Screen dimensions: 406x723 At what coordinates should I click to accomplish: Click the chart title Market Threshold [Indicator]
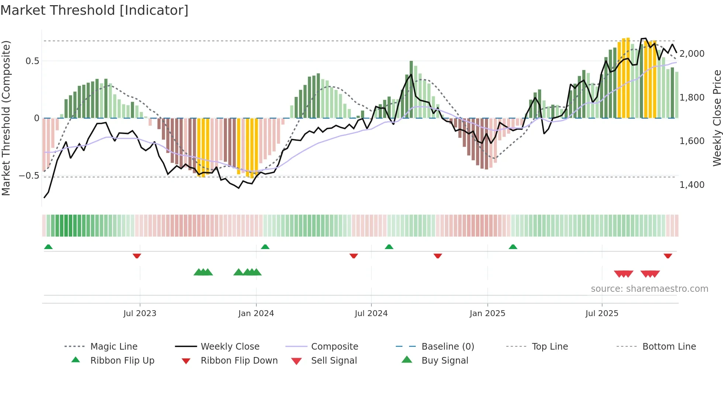pos(94,10)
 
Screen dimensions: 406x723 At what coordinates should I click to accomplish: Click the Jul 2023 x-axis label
pos(140,314)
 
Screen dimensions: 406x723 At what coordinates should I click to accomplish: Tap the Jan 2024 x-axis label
pos(256,314)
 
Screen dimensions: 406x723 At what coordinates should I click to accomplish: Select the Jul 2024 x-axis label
pos(371,314)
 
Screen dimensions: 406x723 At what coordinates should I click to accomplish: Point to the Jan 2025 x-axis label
pos(487,314)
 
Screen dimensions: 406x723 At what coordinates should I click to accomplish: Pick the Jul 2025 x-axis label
pos(602,314)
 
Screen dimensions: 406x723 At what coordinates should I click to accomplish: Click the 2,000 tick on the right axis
pos(692,54)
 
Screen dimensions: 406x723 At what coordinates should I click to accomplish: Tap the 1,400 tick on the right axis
pos(692,185)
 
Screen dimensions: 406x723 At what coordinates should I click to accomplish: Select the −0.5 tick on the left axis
pos(29,176)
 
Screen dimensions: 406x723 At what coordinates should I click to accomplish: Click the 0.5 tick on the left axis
pos(32,61)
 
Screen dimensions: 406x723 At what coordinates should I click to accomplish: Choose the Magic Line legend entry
pos(114,347)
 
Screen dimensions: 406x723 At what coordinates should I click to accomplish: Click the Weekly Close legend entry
pos(230,347)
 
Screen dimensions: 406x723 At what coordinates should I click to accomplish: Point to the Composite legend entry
pos(335,347)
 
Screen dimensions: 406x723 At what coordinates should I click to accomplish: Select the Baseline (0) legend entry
pos(447,347)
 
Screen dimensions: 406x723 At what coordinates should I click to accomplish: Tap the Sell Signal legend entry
pos(334,361)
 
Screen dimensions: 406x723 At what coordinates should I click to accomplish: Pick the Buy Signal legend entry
pos(444,361)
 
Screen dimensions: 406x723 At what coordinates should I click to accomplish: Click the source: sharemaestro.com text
pos(649,289)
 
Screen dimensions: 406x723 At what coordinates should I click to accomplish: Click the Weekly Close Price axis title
pos(717,118)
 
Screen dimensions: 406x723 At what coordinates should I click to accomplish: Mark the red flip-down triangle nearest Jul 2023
pos(137,256)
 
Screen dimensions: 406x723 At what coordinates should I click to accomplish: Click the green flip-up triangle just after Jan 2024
pos(265,246)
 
